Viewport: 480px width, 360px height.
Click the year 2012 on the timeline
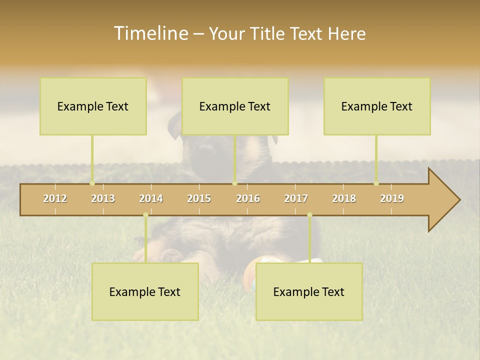(x=55, y=198)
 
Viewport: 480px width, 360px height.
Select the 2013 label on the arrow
(x=103, y=198)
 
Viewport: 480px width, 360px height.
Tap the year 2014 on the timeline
(x=151, y=198)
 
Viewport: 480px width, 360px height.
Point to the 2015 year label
(x=199, y=198)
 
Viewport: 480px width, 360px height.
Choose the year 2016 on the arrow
(x=248, y=198)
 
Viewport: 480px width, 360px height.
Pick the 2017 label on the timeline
(x=296, y=198)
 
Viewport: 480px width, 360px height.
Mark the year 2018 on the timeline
(x=344, y=198)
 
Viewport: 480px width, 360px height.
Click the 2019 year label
(x=392, y=198)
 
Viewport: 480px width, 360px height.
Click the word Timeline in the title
(x=150, y=33)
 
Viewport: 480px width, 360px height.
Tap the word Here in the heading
(x=346, y=33)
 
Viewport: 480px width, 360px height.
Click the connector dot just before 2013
(x=92, y=183)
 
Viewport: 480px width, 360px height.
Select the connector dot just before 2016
(x=234, y=183)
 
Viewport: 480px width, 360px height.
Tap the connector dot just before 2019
(x=376, y=183)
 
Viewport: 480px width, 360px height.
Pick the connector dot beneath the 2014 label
(x=145, y=215)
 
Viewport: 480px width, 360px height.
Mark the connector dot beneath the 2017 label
(x=309, y=215)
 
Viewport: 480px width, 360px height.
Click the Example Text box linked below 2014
(x=145, y=291)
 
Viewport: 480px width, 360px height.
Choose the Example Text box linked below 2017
(x=309, y=291)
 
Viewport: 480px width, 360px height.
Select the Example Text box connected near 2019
(x=377, y=106)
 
